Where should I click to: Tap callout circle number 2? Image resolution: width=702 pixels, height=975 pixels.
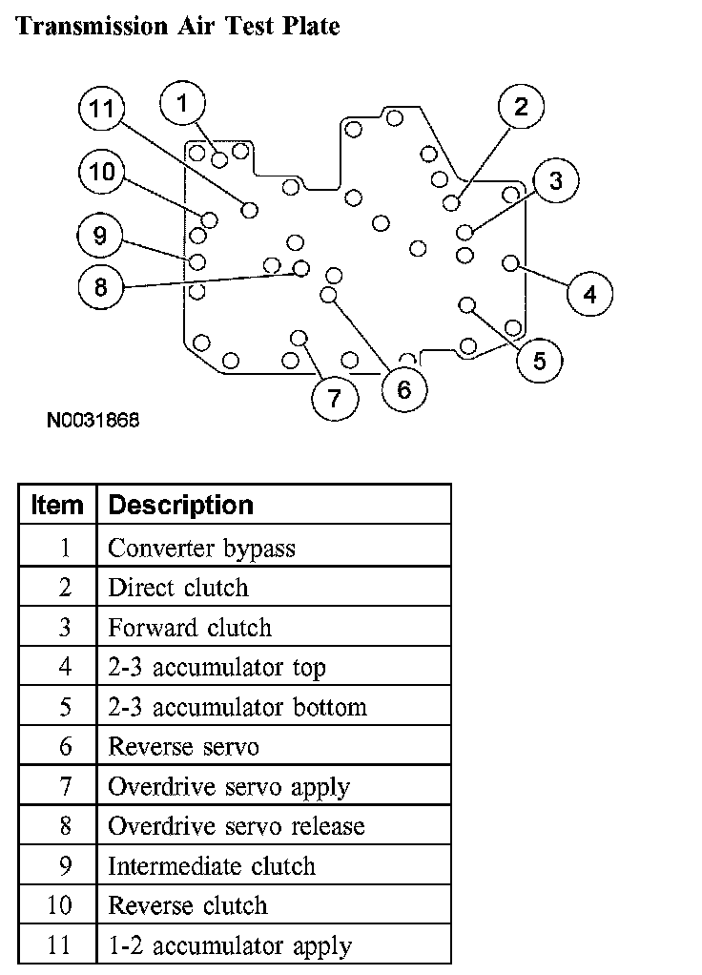point(520,106)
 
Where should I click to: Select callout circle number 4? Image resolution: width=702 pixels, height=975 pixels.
point(590,294)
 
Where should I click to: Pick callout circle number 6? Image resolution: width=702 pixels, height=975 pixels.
point(404,389)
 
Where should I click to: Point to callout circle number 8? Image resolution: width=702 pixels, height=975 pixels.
point(101,286)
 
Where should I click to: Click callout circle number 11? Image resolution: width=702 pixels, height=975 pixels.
point(102,110)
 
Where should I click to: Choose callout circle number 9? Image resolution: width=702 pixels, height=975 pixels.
point(101,235)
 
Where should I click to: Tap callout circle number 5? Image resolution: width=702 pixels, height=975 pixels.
point(540,361)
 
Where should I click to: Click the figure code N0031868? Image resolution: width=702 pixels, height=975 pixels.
point(92,419)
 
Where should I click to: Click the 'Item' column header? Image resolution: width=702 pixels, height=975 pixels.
point(57,505)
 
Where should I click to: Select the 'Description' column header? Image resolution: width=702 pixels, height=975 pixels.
point(181,505)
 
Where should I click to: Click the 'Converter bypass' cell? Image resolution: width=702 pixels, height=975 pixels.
point(201,549)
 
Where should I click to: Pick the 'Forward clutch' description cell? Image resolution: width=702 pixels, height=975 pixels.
point(190,628)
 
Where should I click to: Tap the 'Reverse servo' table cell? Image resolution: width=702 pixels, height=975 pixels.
point(183,747)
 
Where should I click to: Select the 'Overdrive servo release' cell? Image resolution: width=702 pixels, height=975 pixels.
point(236,826)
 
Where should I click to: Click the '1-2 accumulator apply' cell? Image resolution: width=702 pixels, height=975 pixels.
point(229,945)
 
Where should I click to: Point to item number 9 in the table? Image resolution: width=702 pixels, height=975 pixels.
point(64,866)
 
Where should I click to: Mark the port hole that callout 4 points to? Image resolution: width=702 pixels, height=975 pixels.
point(510,262)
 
